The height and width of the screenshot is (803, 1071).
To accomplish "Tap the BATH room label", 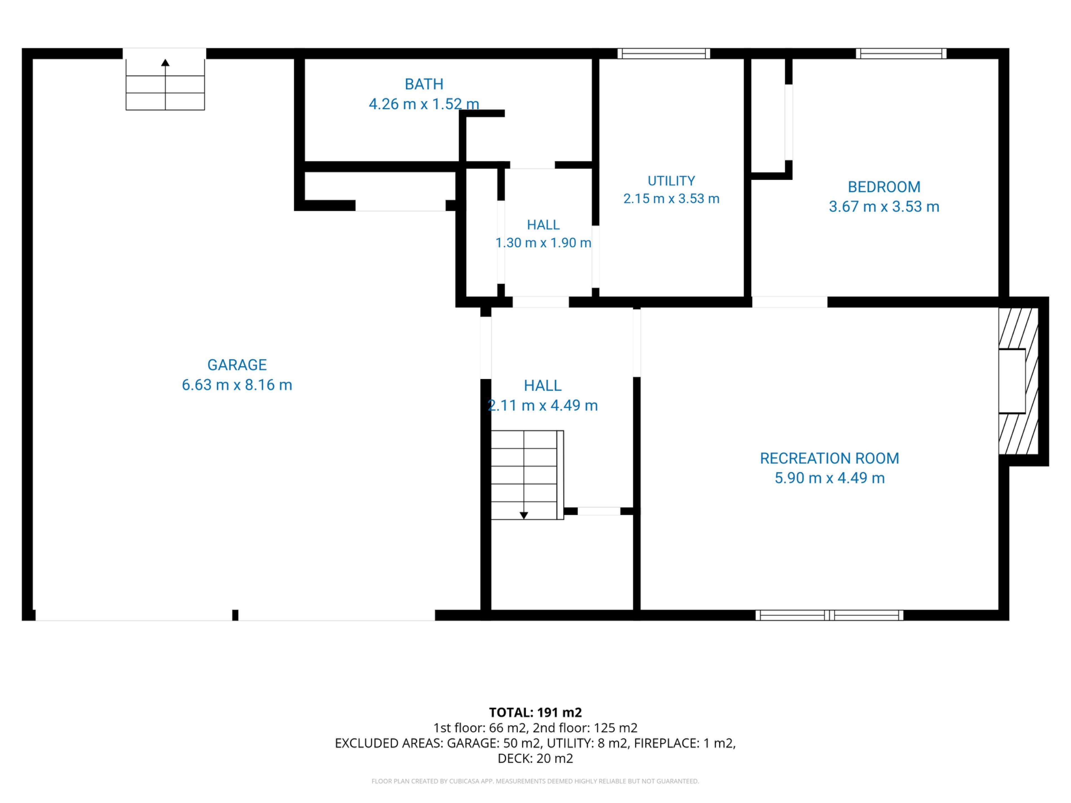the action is (x=424, y=84).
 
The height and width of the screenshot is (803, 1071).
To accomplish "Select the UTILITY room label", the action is (x=671, y=181).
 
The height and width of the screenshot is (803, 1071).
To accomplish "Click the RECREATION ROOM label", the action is (x=829, y=458).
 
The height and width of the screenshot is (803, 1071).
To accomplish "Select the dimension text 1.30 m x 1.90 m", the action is (x=543, y=243).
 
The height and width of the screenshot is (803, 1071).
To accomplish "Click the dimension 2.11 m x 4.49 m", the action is (x=543, y=405).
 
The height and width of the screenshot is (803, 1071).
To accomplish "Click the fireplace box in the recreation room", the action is (x=1012, y=381).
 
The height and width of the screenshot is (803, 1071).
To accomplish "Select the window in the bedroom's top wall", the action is (x=901, y=53).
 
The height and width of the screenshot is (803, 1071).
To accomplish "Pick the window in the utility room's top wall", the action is (x=664, y=53).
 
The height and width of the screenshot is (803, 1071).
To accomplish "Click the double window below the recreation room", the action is (x=829, y=615).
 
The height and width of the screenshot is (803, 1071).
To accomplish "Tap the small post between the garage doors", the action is (x=235, y=615).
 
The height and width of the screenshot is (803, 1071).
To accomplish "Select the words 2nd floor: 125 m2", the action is (x=585, y=728).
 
